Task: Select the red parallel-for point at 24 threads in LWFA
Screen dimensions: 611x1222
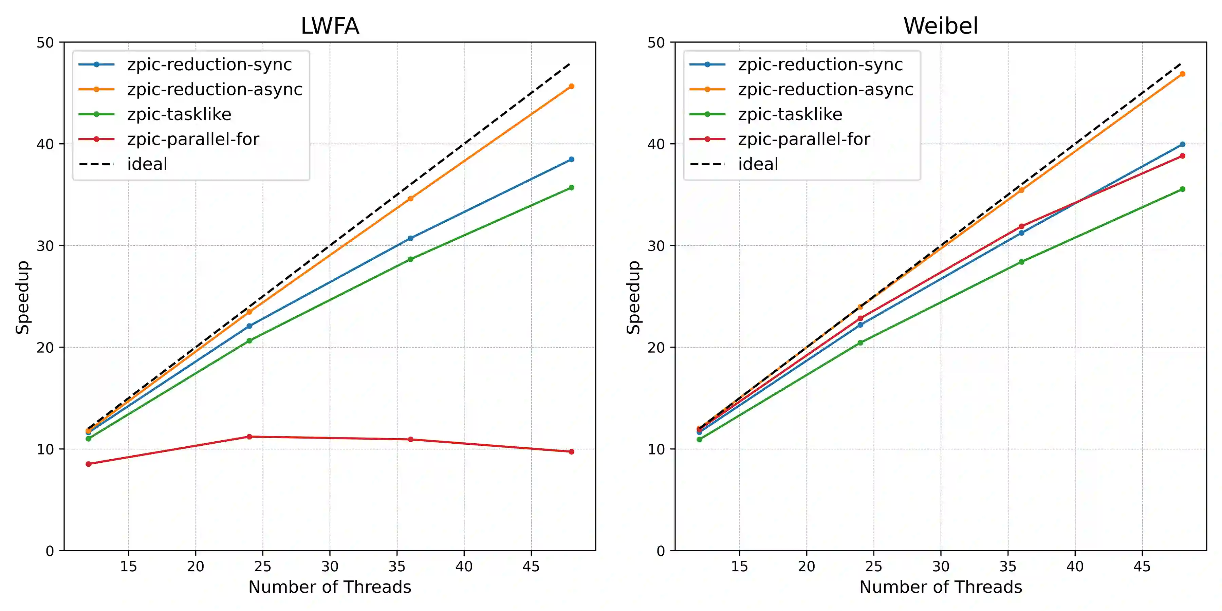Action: (x=249, y=437)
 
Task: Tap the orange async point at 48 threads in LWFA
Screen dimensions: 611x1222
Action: (x=571, y=86)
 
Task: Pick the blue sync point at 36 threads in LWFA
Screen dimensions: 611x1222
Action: (x=410, y=238)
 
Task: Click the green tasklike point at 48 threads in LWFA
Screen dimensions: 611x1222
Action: (x=571, y=187)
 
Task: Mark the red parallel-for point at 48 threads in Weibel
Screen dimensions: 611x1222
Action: (x=1182, y=155)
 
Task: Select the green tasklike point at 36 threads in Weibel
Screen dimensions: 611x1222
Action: (x=1021, y=262)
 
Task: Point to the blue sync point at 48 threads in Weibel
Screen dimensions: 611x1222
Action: (x=1182, y=144)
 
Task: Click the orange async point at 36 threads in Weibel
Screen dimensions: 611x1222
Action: (x=1021, y=190)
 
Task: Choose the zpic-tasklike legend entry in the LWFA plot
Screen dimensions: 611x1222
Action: (x=179, y=114)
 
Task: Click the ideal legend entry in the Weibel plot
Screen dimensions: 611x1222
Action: (x=758, y=164)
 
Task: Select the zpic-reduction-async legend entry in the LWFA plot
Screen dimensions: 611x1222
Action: (x=215, y=90)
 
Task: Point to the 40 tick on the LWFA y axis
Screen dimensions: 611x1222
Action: (x=45, y=144)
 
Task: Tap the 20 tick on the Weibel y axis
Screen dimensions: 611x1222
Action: (x=656, y=347)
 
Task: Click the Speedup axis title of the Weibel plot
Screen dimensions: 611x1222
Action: (x=634, y=297)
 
